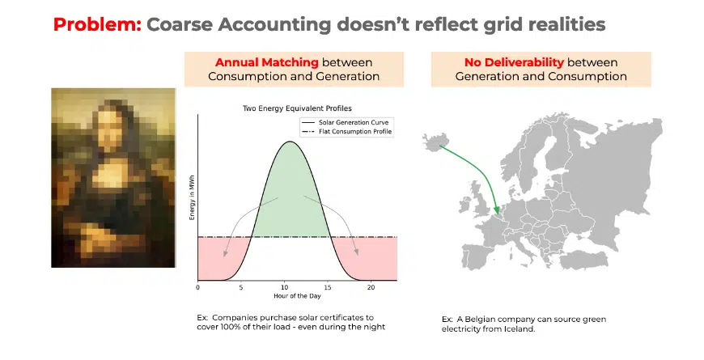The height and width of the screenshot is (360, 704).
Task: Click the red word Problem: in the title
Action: point(97,24)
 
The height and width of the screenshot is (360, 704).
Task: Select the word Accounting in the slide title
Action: point(275,25)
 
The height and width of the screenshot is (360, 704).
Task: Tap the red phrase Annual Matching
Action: point(267,62)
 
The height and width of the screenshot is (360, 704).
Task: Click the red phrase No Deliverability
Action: point(514,62)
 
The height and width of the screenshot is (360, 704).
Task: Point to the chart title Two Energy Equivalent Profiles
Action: point(297,108)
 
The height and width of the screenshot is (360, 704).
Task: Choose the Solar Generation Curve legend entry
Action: point(346,122)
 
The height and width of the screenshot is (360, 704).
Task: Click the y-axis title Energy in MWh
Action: point(192,197)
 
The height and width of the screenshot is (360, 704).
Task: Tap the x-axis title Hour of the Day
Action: point(297,296)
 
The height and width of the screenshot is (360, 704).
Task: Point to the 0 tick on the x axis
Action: point(198,287)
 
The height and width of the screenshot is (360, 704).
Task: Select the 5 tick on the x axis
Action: point(241,287)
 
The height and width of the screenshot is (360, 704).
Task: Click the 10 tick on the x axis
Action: point(285,287)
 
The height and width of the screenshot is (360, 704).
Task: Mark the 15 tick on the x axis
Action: point(329,287)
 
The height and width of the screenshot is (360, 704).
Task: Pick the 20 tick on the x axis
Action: point(371,287)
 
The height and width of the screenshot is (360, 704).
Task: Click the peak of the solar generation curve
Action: point(290,142)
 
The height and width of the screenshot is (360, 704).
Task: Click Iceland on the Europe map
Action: point(436,142)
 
